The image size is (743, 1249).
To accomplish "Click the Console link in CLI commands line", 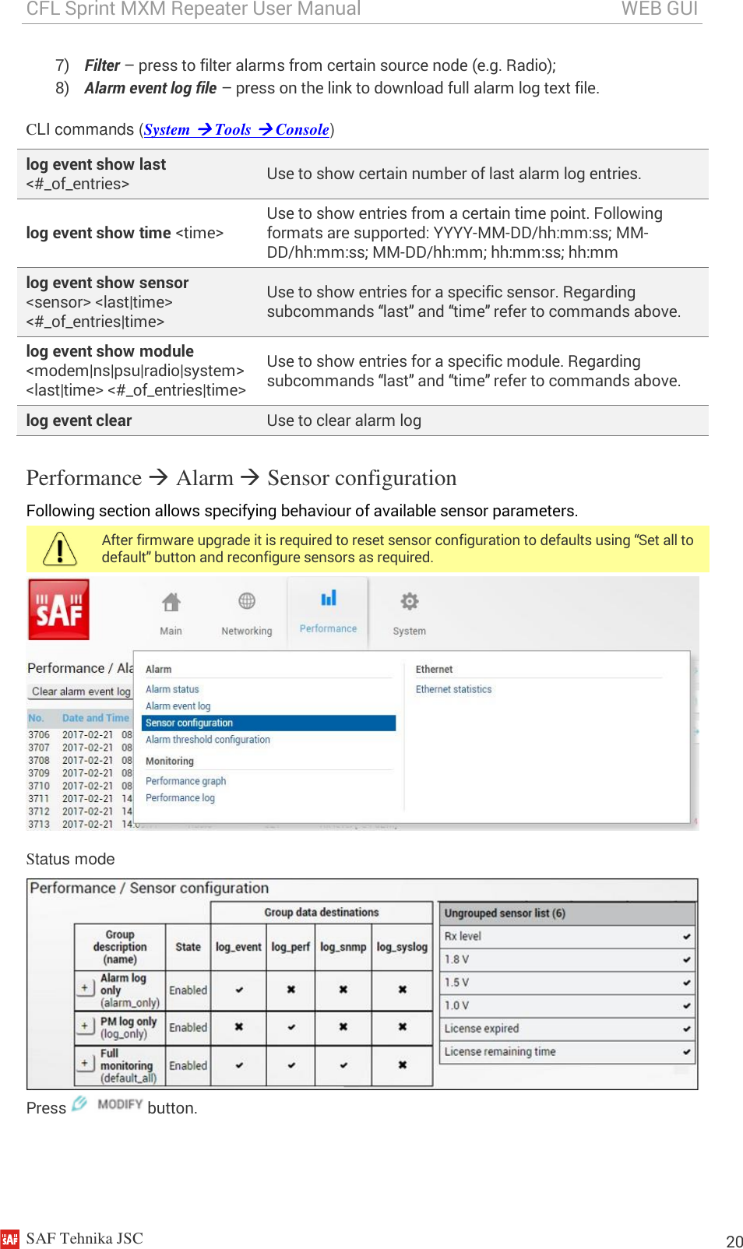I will pyautogui.click(x=301, y=130).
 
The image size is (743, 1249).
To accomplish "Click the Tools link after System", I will pyautogui.click(x=232, y=130).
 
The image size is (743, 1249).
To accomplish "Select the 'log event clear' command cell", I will pyautogui.click(x=79, y=420).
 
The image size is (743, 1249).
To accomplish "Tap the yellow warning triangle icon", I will pyautogui.click(x=60, y=549).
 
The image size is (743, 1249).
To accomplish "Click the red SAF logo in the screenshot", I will pyautogui.click(x=58, y=610).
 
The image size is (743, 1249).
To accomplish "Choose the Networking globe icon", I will pyautogui.click(x=247, y=601).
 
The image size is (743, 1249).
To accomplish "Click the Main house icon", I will pyautogui.click(x=171, y=602).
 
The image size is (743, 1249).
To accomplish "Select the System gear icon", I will pyautogui.click(x=409, y=601).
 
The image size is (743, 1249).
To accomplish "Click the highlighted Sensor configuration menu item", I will pyautogui.click(x=189, y=723).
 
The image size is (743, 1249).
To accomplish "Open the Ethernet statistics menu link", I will pyautogui.click(x=453, y=689).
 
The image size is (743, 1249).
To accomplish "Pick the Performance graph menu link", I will pyautogui.click(x=185, y=781).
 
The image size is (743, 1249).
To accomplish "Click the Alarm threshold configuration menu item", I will pyautogui.click(x=207, y=740).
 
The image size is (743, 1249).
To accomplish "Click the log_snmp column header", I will pyautogui.click(x=343, y=947).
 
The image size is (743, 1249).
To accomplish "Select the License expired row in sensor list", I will pyautogui.click(x=481, y=1029).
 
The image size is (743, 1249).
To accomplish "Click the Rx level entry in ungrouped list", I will pyautogui.click(x=463, y=936).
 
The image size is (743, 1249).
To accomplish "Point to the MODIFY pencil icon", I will pyautogui.click(x=79, y=1103).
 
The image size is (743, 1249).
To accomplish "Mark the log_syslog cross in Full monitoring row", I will pyautogui.click(x=402, y=1064).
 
